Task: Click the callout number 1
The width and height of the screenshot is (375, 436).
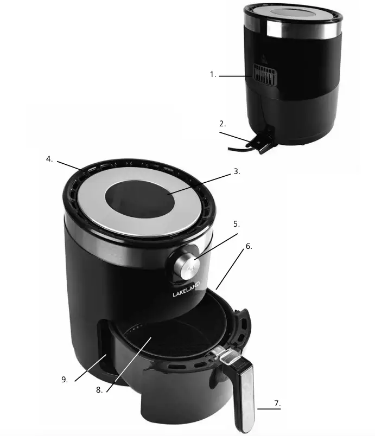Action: tap(213, 75)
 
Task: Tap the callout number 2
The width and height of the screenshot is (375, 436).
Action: tap(223, 124)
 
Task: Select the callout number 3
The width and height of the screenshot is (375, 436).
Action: tap(236, 171)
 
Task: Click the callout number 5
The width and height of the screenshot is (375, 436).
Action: tap(236, 223)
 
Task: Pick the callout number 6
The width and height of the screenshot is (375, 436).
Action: tap(249, 246)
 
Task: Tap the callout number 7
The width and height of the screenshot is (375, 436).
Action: tap(277, 403)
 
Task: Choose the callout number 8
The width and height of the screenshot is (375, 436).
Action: tap(99, 389)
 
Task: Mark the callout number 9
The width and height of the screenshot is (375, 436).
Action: tap(65, 380)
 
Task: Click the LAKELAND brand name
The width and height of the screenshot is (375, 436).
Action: tap(186, 288)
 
